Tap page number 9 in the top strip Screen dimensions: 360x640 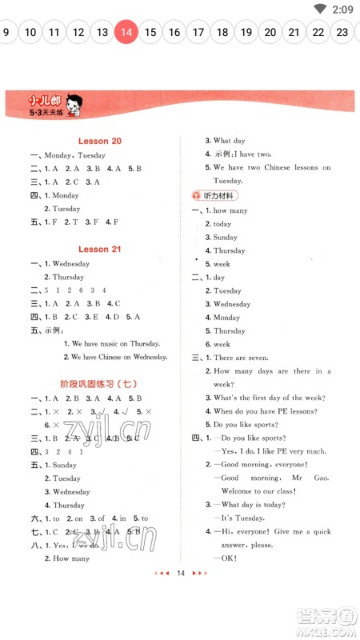click(6, 33)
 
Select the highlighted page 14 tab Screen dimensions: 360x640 click(126, 33)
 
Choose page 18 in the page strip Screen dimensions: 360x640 click(222, 33)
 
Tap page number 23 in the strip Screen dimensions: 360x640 click(342, 33)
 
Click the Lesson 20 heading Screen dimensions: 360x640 click(99, 141)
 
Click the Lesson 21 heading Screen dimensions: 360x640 click(99, 249)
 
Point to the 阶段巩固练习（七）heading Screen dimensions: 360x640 click(99, 384)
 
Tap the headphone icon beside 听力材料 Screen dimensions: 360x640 click(197, 195)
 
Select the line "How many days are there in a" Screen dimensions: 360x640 click(271, 371)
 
